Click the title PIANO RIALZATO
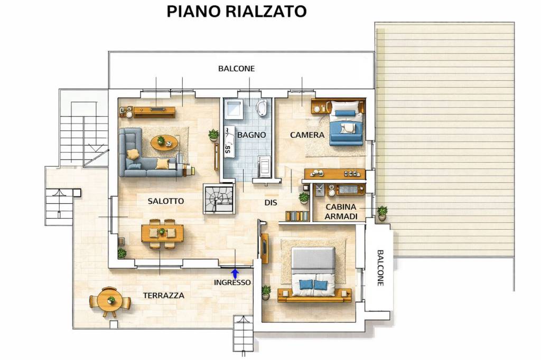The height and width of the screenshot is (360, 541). [x=236, y=11]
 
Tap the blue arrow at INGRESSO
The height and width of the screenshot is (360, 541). [x=235, y=273]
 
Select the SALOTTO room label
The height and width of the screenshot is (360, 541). [x=166, y=201]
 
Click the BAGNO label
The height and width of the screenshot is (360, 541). [x=251, y=135]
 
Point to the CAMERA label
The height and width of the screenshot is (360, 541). [x=307, y=135]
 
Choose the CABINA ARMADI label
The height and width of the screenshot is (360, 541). [x=341, y=212]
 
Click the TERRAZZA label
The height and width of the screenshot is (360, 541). [x=164, y=296]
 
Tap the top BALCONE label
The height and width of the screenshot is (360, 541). [x=236, y=69]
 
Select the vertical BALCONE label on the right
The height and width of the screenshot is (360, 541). [x=380, y=268]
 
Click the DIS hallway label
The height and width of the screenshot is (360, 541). [x=271, y=203]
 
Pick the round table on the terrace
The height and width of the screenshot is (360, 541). [x=110, y=301]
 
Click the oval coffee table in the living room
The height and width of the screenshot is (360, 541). [x=164, y=142]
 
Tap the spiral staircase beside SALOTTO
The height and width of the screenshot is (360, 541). [x=218, y=198]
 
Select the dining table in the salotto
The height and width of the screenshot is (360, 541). [x=162, y=233]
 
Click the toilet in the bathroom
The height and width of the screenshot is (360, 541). [x=262, y=108]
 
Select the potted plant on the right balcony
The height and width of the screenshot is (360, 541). [x=382, y=213]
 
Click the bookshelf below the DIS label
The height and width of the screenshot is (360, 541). [x=297, y=216]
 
